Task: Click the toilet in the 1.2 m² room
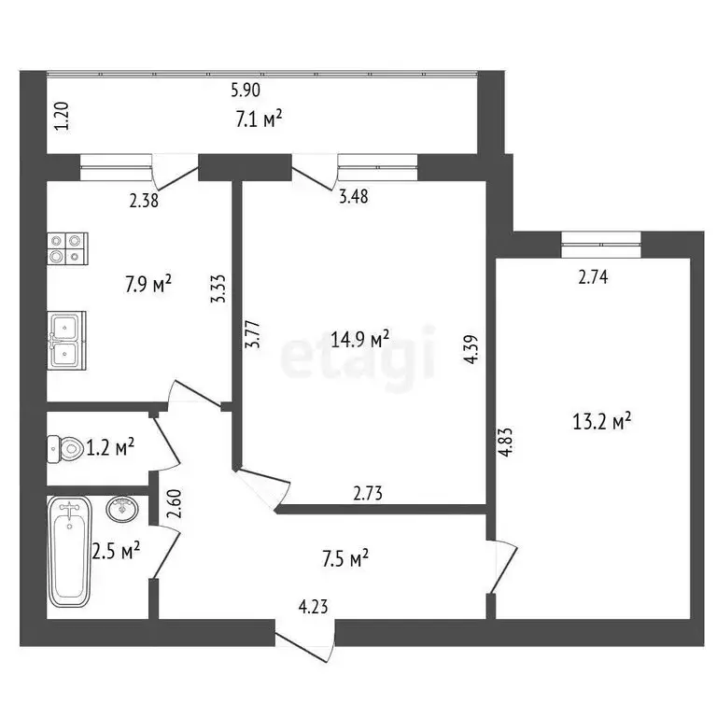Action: tap(65, 449)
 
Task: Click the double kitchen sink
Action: tap(66, 339)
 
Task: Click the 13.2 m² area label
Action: tap(602, 422)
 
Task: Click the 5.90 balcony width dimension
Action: tap(246, 91)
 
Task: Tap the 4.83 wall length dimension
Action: tap(505, 441)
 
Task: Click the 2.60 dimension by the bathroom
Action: tap(172, 505)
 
